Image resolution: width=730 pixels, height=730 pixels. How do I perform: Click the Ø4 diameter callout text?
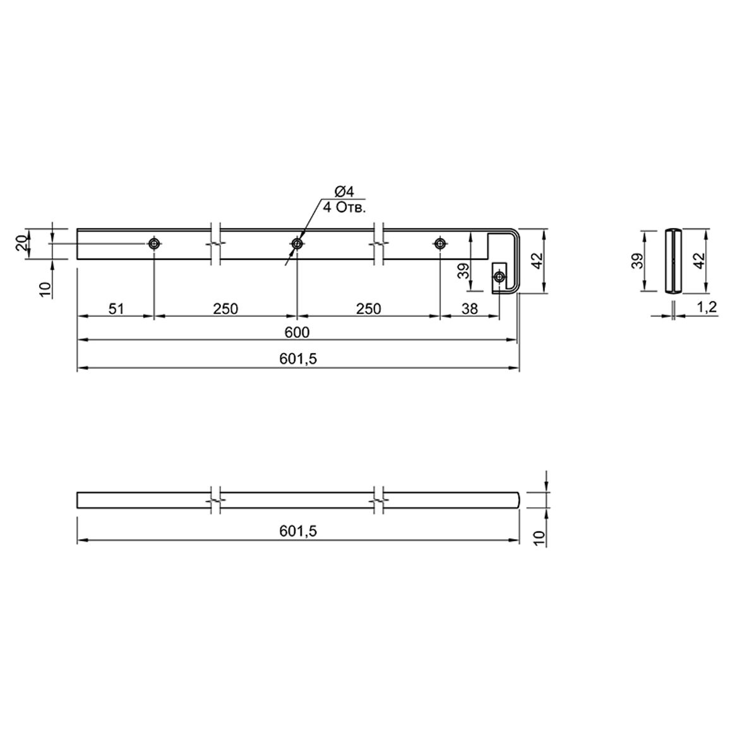click(345, 191)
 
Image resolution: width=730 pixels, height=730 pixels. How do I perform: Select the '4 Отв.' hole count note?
click(345, 208)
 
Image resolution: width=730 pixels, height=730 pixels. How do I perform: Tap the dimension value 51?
click(116, 309)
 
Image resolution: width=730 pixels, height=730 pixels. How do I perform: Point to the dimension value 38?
click(470, 309)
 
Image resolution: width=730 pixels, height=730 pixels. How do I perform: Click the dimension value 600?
click(297, 332)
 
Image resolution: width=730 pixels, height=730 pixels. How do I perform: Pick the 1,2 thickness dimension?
click(707, 308)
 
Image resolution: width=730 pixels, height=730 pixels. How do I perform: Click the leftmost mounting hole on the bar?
click(154, 243)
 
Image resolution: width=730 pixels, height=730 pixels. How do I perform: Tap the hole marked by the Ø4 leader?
click(297, 243)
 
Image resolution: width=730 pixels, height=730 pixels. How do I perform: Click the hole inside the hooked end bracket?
click(500, 277)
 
